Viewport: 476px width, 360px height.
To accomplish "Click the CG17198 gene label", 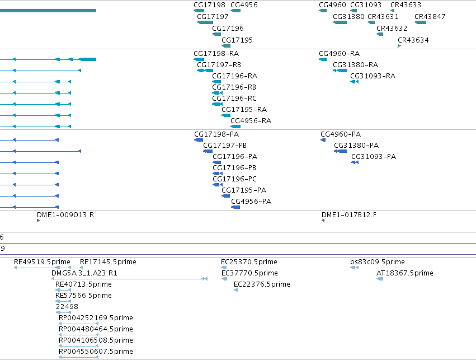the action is [209, 5].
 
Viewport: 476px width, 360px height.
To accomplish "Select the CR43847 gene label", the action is [430, 17].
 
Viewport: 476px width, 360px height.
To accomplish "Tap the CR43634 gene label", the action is [413, 40].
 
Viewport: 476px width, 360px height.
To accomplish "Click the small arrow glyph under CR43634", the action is [399, 46].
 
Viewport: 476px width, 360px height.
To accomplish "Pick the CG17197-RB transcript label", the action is [219, 65].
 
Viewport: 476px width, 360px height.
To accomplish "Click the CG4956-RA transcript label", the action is [251, 120].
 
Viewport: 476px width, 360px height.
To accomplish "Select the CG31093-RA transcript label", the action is [373, 76].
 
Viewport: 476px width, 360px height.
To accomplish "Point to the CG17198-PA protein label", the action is [216, 134].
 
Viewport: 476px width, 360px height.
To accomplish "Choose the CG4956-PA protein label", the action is [251, 202].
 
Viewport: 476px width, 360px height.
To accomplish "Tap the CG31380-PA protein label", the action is [356, 146].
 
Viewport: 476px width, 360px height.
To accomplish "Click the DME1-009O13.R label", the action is [65, 215].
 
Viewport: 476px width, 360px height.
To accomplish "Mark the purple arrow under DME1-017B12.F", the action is [323, 221].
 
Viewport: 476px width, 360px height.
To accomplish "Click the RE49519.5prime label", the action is [42, 262].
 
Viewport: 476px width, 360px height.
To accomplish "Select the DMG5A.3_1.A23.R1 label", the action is [84, 273].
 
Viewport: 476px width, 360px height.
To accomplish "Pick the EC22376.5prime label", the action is [262, 284].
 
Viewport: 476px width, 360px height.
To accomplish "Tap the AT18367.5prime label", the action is [404, 273].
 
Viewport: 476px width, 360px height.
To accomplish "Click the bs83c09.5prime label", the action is [378, 262].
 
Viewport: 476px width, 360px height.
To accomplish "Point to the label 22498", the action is [67, 307].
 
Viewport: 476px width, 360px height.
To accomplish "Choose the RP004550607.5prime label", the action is [96, 352].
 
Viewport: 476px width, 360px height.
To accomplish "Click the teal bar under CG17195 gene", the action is [226, 46].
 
